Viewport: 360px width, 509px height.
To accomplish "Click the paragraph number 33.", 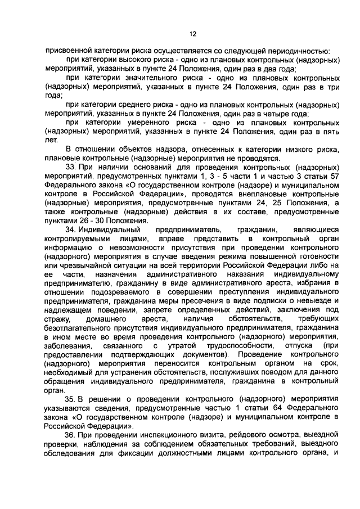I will point(71,168).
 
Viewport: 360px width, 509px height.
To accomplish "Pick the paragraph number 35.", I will point(71,399).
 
